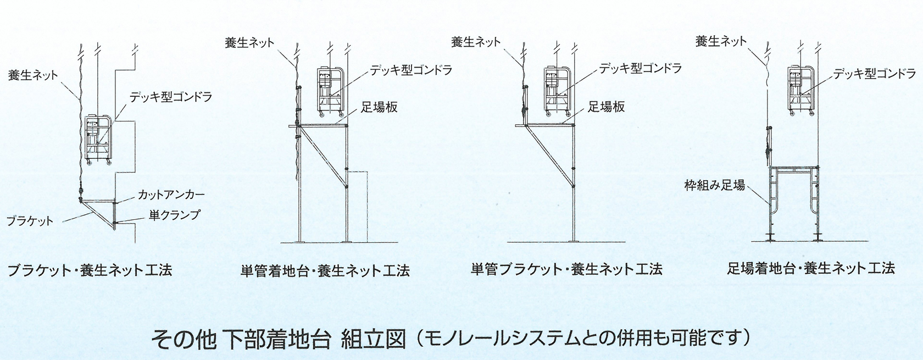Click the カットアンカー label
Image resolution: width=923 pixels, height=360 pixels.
coord(171,195)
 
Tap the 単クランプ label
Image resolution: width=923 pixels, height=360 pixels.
coord(174,215)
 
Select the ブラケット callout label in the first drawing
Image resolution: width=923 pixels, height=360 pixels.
coord(30,221)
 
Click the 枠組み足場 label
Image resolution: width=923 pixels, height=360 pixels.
coord(715,185)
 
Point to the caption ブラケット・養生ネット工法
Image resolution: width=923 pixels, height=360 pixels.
coord(90,270)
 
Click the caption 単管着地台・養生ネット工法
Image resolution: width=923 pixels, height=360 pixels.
coord(325,270)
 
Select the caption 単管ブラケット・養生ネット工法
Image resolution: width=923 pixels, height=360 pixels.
coord(566,269)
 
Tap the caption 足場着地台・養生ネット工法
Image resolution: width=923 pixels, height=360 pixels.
coord(811,268)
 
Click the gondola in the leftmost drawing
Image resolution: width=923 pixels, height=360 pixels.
coord(98,140)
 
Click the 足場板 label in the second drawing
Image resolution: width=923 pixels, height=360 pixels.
coord(380,108)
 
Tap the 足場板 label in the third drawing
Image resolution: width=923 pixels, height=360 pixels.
coord(606,107)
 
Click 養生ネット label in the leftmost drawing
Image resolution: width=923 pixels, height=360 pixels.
coord(33,75)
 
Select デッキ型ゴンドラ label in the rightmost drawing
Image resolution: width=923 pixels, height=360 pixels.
coord(875,74)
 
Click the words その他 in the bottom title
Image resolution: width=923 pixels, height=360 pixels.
coord(184,340)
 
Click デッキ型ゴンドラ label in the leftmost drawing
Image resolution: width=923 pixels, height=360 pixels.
coord(170,97)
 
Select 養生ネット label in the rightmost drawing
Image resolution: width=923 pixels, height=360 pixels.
coord(721,41)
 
